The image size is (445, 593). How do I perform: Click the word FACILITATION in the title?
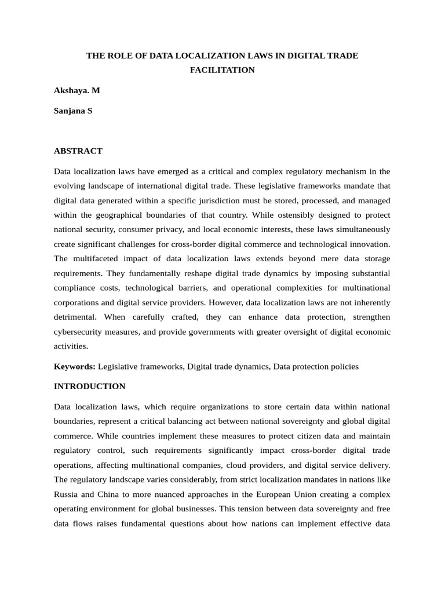click(x=222, y=70)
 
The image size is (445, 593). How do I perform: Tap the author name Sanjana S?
click(x=73, y=111)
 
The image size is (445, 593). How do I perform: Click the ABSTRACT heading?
click(x=78, y=151)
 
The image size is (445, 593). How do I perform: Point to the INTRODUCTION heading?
click(x=89, y=386)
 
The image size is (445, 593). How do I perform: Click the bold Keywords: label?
click(x=75, y=367)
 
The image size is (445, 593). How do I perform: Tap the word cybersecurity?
click(x=82, y=332)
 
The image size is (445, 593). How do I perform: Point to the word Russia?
click(x=67, y=479)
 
